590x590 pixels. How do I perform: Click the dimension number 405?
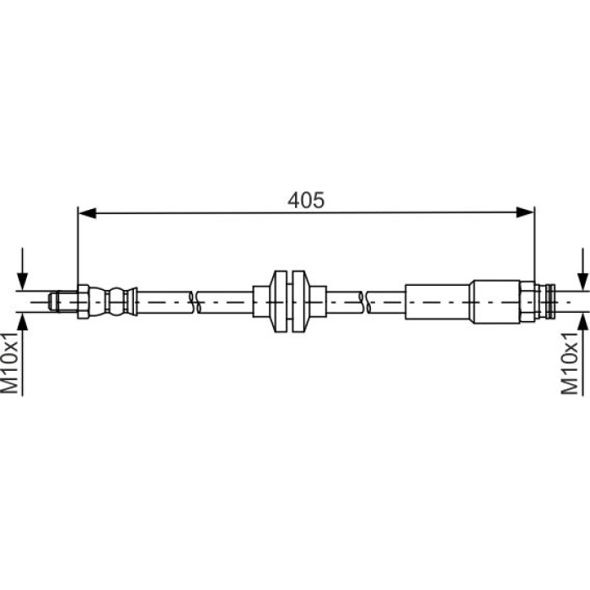305,201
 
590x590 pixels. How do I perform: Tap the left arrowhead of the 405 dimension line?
87,212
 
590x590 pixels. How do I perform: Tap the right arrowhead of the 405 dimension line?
525,212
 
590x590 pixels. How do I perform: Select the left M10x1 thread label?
10,362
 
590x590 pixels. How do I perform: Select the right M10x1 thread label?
569,362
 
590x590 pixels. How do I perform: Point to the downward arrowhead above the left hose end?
23,281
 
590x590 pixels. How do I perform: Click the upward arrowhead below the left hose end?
23,323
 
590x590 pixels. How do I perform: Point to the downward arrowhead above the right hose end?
583,282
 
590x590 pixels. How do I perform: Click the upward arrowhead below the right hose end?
583,323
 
